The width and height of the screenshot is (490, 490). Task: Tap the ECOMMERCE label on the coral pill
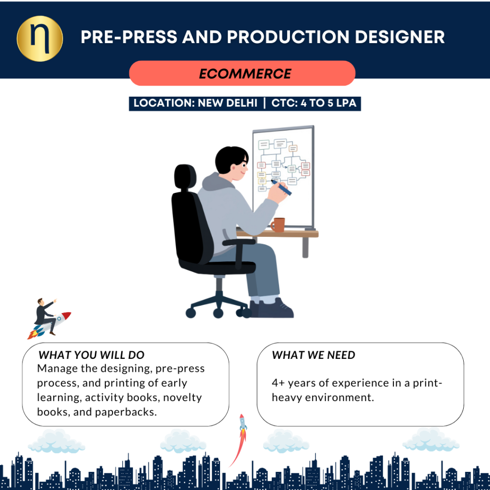click(x=245, y=74)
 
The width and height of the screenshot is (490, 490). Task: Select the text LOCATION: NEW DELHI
click(x=195, y=103)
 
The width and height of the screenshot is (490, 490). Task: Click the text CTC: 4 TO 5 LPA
click(x=314, y=103)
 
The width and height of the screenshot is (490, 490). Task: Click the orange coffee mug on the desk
click(x=278, y=224)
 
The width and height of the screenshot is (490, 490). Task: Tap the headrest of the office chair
click(x=185, y=177)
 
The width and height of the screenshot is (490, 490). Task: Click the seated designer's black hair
click(x=229, y=157)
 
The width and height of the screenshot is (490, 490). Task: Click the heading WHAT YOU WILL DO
click(x=91, y=355)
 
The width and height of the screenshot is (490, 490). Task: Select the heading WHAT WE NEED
click(x=313, y=355)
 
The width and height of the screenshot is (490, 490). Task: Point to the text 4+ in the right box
click(x=278, y=383)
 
